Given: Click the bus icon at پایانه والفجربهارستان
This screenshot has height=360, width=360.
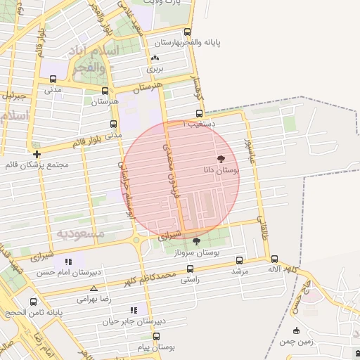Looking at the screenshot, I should click(187, 32).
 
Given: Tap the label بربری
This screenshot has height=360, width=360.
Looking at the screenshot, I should click(154, 70).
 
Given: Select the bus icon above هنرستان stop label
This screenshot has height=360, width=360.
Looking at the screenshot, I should click(105, 91).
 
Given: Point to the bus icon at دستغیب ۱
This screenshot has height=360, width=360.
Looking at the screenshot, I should click(199, 113).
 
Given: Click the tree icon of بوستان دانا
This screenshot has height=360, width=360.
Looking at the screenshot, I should click(221, 160).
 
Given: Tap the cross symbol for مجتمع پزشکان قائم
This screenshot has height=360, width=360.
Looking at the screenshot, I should click(37, 154).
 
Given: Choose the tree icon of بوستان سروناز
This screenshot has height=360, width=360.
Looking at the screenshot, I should click(196, 242).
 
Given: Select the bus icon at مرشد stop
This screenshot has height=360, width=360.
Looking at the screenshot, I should click(240, 260).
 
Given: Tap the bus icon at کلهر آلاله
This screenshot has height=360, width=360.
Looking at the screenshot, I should click(274, 259).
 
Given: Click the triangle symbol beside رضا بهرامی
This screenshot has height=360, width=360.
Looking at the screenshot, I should click(94, 288).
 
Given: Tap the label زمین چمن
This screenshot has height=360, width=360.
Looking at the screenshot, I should click(296, 341).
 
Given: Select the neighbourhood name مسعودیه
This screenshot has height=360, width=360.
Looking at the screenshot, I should click(80, 233).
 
